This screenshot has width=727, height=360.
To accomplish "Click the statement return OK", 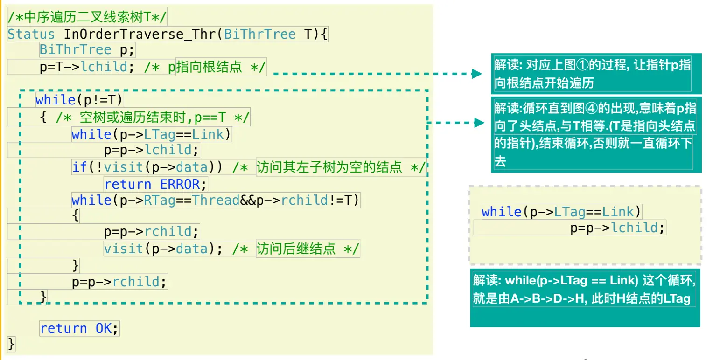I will point(79,328).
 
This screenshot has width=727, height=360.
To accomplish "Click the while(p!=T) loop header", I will point(79,99).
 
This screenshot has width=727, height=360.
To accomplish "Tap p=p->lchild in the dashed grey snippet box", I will point(617,228).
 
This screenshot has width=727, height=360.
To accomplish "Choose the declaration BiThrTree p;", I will point(87,50).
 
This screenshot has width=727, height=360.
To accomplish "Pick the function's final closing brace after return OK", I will point(12,344).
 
